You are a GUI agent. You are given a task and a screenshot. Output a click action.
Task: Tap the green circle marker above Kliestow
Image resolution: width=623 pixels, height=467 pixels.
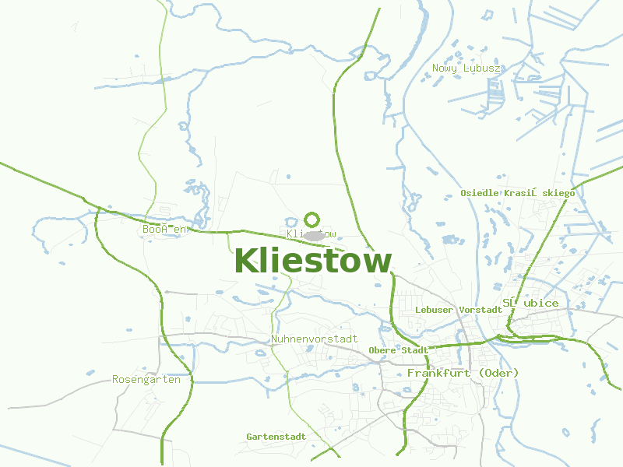click(312, 219)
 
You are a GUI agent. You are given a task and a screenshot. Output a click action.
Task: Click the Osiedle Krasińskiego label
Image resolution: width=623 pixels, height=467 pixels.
click(517, 192)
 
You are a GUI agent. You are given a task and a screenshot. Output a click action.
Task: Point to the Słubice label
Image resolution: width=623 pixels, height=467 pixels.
click(530, 303)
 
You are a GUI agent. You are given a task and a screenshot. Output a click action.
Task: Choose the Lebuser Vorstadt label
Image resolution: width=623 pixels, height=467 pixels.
click(459, 310)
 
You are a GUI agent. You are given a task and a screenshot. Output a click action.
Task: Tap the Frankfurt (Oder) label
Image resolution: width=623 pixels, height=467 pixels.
click(463, 374)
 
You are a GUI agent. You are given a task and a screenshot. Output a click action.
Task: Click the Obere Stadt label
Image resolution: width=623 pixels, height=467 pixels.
click(399, 350)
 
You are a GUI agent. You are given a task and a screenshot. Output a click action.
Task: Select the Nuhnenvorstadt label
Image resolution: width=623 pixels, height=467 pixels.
click(315, 339)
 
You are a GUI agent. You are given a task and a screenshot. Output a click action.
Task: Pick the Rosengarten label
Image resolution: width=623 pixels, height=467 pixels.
click(146, 380)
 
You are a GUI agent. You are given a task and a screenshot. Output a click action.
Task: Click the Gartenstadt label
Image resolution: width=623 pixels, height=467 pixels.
click(276, 437)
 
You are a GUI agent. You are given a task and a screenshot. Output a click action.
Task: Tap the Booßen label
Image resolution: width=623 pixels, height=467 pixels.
click(165, 230)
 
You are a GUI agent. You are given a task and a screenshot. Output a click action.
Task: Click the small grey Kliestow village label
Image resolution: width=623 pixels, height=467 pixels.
click(311, 233)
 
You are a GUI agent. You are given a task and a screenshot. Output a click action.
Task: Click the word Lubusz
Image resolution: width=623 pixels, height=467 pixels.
click(481, 68)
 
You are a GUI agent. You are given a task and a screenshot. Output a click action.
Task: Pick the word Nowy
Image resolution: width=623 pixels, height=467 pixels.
click(445, 68)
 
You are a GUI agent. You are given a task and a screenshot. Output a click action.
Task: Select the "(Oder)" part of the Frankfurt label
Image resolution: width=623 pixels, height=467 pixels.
click(498, 374)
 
